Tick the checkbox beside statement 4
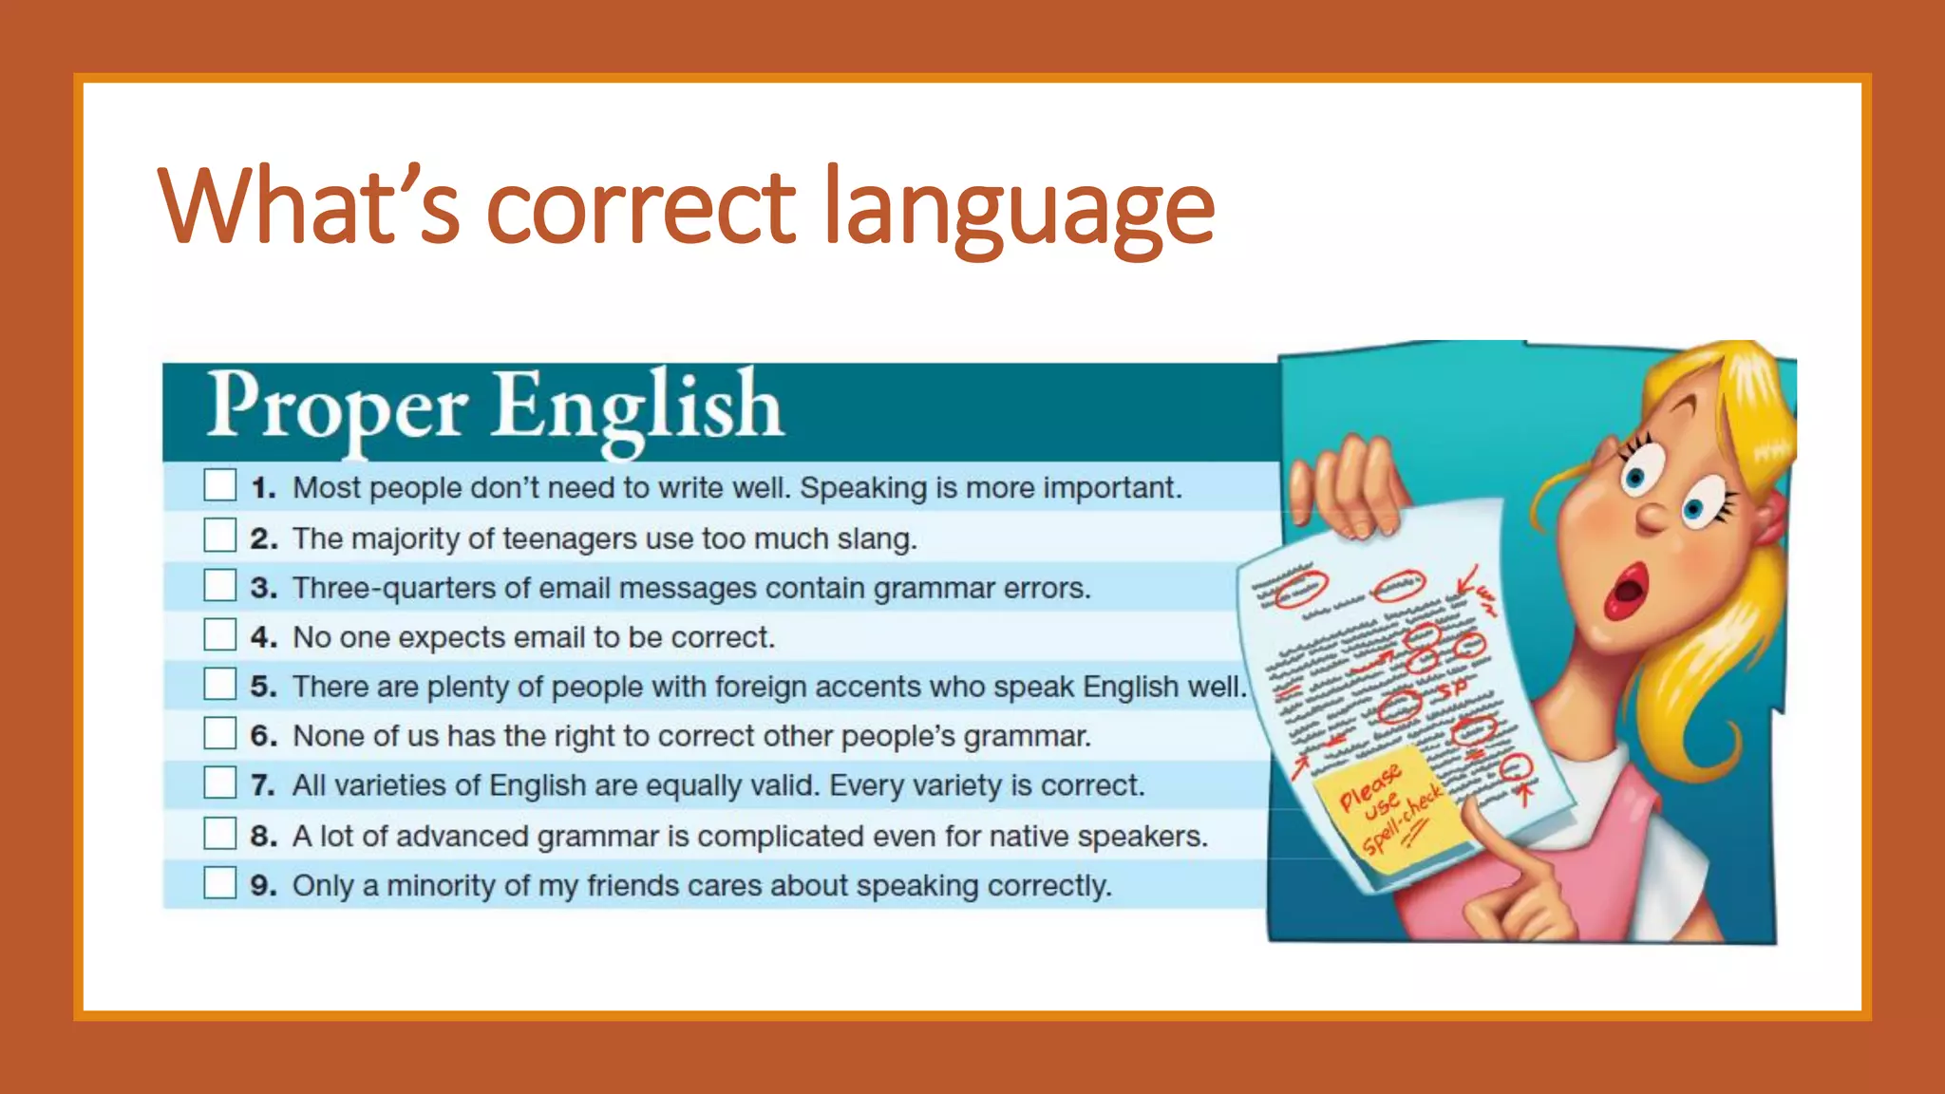pyautogui.click(x=219, y=634)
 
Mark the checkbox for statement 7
pyautogui.click(x=219, y=783)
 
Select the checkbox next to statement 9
pyautogui.click(x=219, y=883)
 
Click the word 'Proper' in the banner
pyautogui.click(x=337, y=406)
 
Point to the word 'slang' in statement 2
pyautogui.click(x=875, y=538)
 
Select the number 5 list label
pyautogui.click(x=262, y=687)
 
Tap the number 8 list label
pyautogui.click(x=262, y=836)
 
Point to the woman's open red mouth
pyautogui.click(x=1626, y=591)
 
